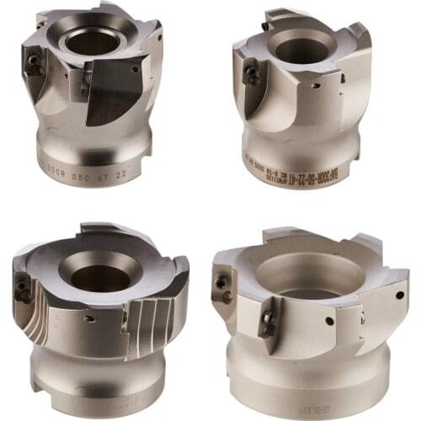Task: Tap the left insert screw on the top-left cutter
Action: (33, 61)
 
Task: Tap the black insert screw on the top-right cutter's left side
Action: (252, 75)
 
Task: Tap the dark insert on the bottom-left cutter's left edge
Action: (23, 291)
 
